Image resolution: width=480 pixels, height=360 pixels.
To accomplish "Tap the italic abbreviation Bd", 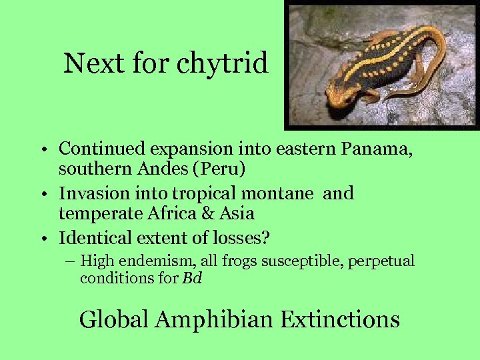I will (191, 278).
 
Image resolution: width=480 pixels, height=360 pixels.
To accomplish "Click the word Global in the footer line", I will (114, 319).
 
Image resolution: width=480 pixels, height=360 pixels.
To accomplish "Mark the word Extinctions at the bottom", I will (340, 319).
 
